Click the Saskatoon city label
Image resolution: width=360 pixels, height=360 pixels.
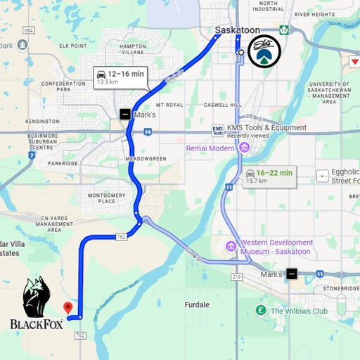[238, 31]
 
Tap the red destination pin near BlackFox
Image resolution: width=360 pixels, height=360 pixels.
[68, 308]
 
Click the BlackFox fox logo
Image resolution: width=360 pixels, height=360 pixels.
[37, 297]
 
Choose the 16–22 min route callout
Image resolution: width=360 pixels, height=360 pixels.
[269, 176]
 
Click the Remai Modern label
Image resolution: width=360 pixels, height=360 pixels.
[211, 148]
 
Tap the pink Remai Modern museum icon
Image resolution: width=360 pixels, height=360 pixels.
[244, 148]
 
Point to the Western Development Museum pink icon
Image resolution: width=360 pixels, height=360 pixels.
[231, 245]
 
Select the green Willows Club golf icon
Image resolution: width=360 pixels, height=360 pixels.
[261, 310]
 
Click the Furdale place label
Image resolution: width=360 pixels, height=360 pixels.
[197, 304]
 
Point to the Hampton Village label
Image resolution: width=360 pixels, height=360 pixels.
[133, 49]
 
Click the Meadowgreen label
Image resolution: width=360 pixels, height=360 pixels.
[146, 159]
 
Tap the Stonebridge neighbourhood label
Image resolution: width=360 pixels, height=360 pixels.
[340, 288]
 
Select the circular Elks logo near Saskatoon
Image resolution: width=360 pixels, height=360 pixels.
[264, 51]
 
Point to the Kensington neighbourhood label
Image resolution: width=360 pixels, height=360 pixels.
[42, 121]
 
